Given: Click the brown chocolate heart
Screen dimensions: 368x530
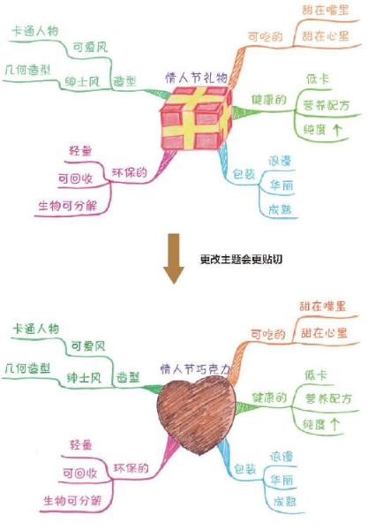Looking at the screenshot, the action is pos(196,414).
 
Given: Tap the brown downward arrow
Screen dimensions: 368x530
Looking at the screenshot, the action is pos(174,259).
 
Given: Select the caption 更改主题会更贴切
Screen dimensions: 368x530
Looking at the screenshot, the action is pos(241,259).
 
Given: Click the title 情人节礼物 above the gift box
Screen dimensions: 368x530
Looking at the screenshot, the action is pos(196,78).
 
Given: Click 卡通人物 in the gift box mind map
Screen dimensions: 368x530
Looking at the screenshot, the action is pos(34,31).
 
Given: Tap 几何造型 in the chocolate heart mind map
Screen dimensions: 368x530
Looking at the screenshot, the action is pos(27,368).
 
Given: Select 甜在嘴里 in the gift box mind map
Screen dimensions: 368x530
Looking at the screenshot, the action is pos(325,10).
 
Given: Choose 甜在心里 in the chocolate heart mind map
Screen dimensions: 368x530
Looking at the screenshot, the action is pos(324,333).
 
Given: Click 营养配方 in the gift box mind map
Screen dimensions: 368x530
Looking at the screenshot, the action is pos(327,105).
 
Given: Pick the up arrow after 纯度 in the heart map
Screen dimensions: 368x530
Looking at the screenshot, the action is pos(335,424).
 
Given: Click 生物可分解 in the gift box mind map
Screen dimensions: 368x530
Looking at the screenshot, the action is pos(68,206).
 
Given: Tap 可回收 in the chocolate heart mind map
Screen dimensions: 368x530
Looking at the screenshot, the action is pos(80,473).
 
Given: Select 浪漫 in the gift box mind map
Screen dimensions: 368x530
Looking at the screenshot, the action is pos(280,161).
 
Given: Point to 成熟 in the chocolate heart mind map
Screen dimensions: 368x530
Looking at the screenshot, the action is pos(285,502).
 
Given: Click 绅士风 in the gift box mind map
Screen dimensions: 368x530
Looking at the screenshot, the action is pos(82,81).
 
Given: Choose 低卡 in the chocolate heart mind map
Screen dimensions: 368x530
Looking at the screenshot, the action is pos(316,375).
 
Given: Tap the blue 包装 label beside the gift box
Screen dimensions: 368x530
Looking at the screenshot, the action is pos(244,174).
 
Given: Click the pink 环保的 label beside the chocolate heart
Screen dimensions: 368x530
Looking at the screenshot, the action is pos(131,468).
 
